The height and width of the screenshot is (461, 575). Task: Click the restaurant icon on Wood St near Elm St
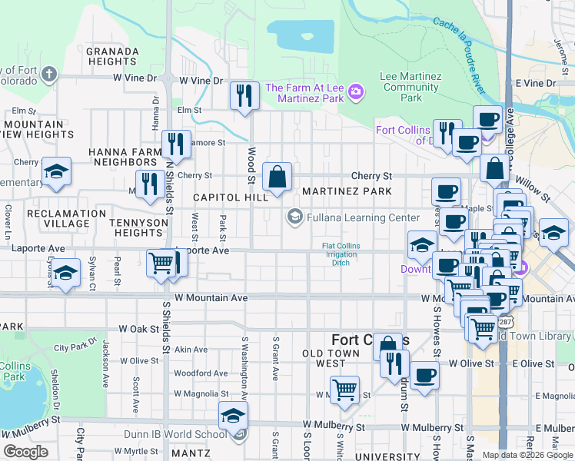244,96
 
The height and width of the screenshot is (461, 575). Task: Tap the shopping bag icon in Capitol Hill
276,177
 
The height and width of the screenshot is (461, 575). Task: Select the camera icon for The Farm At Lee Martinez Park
355,92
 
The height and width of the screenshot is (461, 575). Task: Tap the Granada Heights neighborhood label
112,56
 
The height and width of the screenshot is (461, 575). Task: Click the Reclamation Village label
66,218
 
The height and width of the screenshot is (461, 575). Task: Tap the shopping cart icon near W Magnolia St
344,390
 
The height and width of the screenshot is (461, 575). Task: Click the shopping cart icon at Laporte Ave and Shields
161,263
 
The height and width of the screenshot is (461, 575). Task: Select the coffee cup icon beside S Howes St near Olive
424,376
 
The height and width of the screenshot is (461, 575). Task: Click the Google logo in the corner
25,452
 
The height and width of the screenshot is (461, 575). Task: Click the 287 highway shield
506,319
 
